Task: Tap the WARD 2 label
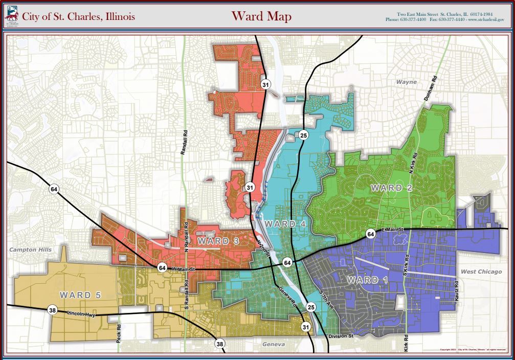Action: coord(392,188)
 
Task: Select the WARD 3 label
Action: coord(218,240)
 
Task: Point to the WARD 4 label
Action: coord(280,224)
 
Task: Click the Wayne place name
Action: coord(407,82)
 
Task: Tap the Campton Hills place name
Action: coord(31,250)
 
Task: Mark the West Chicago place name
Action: coord(481,272)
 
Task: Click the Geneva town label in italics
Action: coord(274,345)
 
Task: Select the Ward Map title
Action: coord(261,16)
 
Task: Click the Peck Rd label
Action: coord(118,334)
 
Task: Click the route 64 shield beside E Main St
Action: coord(370,234)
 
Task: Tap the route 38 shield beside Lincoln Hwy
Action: coord(52,310)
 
